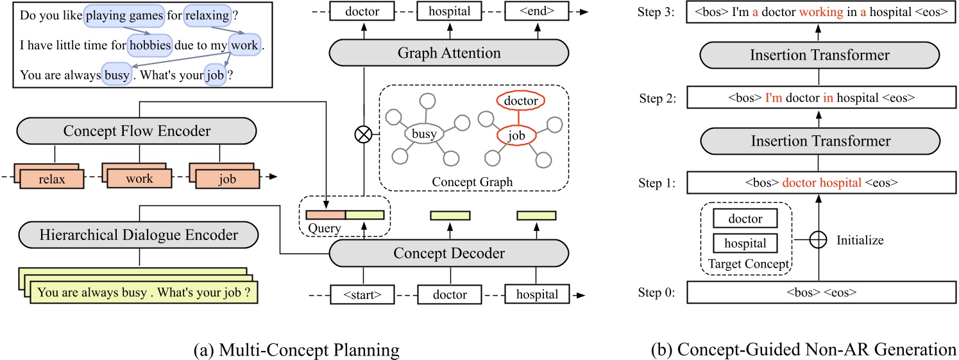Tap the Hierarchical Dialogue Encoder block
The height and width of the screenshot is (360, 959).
(138, 236)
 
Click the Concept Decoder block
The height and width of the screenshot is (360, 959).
(449, 253)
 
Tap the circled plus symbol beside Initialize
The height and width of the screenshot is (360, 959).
(817, 241)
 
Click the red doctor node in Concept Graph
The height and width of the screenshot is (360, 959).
(521, 101)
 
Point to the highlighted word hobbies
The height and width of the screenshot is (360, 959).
(150, 44)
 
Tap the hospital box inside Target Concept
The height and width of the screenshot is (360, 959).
(745, 244)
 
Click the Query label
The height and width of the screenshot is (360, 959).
(325, 228)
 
